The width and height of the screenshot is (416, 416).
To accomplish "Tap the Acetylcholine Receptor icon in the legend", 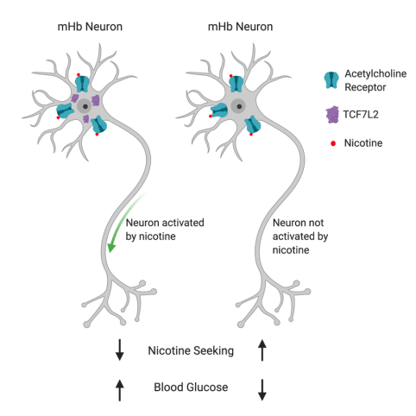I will (330, 79).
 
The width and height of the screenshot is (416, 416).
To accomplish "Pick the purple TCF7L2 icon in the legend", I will (330, 112).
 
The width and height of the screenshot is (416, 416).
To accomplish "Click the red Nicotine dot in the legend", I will (330, 140).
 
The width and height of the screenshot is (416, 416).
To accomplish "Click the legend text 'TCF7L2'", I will (363, 113).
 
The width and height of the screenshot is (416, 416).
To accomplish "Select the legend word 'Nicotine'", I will (365, 140).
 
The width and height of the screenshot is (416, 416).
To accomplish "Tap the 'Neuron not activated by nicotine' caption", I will (299, 235).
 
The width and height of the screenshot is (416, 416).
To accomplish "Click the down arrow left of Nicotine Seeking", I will (120, 350).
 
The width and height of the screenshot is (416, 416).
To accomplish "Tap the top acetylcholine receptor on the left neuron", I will (82, 84).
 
